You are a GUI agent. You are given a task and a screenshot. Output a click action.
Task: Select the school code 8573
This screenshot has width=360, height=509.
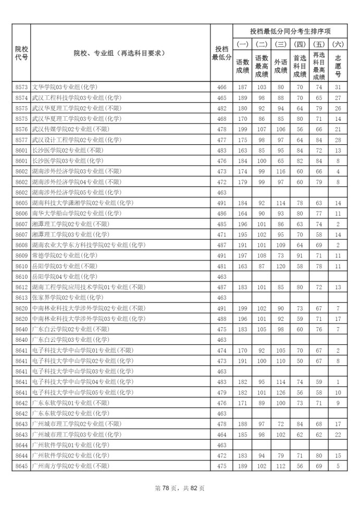21,88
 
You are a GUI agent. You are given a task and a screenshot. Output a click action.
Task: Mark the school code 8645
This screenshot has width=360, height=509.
21,465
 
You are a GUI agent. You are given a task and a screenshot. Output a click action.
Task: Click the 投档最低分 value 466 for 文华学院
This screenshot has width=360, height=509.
221,88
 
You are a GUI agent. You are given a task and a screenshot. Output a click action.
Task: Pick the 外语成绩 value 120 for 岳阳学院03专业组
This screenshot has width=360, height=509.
281,266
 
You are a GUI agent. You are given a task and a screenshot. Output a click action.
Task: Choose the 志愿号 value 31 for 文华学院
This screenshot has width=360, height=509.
338,88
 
